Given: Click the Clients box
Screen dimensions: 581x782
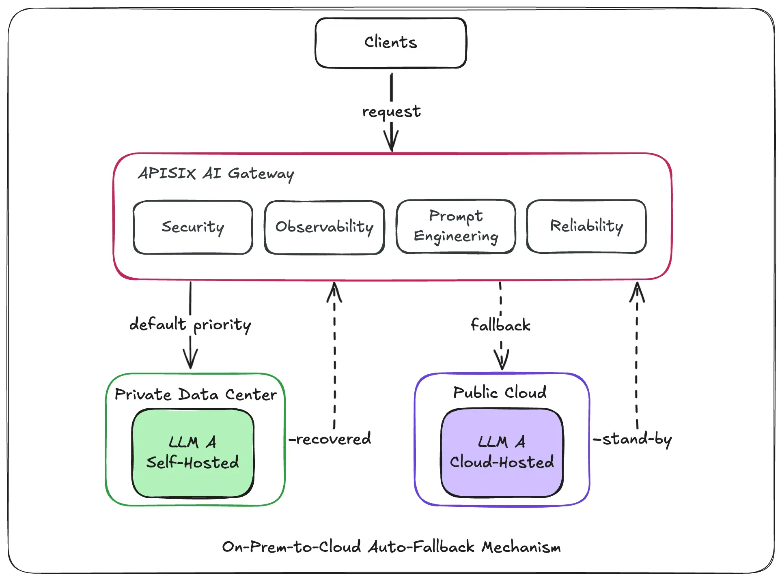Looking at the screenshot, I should point(390,43).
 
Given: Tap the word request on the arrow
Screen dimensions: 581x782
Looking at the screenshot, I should point(391,111).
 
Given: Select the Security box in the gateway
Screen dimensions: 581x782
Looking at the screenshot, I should point(193,227).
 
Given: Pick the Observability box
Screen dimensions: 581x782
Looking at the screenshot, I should point(324,227).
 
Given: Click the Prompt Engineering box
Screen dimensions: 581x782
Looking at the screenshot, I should point(456,226).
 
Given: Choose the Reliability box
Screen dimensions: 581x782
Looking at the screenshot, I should point(586,226).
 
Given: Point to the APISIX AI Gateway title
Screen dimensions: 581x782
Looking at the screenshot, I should point(216,174).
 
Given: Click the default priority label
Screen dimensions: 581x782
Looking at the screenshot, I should point(190,325).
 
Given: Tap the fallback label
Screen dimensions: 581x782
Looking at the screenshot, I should point(500,325).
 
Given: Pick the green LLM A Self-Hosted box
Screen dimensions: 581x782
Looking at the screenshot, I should point(193,452).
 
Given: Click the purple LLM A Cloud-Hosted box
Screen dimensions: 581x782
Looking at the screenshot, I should point(502,452).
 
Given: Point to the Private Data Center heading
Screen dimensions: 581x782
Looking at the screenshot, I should point(195,394).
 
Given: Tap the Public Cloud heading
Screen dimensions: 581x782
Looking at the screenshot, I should point(500,392).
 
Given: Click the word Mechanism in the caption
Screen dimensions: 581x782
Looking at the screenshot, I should point(521,547).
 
